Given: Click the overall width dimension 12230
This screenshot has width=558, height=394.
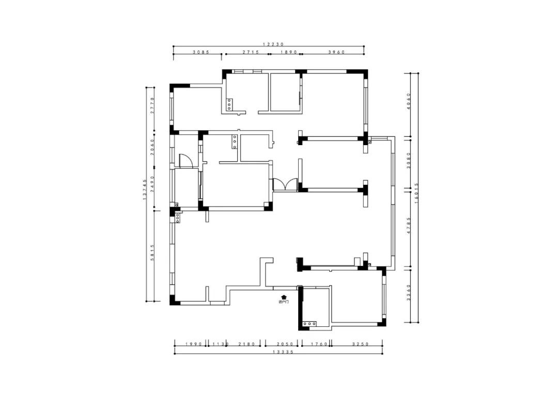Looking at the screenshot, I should click(x=273, y=44).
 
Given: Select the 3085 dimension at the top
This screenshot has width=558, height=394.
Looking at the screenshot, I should click(x=201, y=52).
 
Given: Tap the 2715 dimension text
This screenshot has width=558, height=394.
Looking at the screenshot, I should click(x=247, y=52).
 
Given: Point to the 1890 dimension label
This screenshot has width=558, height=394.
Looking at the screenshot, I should click(x=288, y=52).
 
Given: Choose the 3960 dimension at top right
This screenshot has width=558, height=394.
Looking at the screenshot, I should click(x=336, y=52).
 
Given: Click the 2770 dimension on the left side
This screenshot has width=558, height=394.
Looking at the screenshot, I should click(x=152, y=105).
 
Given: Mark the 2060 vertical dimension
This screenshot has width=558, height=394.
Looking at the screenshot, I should click(x=152, y=148).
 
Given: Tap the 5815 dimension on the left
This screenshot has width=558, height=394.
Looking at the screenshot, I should click(x=152, y=253).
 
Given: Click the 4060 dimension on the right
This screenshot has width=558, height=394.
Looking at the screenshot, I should click(x=408, y=102).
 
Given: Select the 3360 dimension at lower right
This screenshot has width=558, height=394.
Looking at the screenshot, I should click(x=408, y=295).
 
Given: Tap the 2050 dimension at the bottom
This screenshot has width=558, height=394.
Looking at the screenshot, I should click(x=285, y=344).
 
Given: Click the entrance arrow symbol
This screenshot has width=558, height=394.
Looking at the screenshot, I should click(x=283, y=296).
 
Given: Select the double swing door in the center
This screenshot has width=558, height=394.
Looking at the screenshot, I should click(x=285, y=184).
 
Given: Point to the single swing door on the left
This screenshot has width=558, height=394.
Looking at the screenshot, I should click(x=185, y=161).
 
